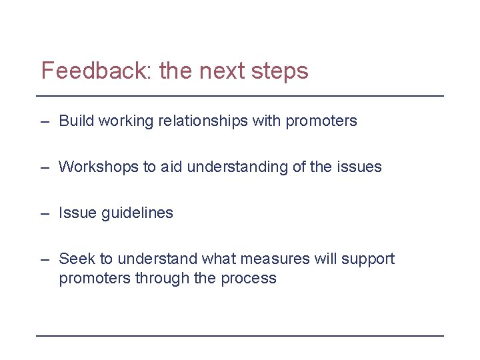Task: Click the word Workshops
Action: [99, 167]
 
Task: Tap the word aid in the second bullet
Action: [171, 167]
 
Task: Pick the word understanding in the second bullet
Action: [237, 167]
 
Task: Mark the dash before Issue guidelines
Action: [44, 214]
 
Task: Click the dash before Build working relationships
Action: [44, 122]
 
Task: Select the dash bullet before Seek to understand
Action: [44, 259]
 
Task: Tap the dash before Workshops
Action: [44, 168]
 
